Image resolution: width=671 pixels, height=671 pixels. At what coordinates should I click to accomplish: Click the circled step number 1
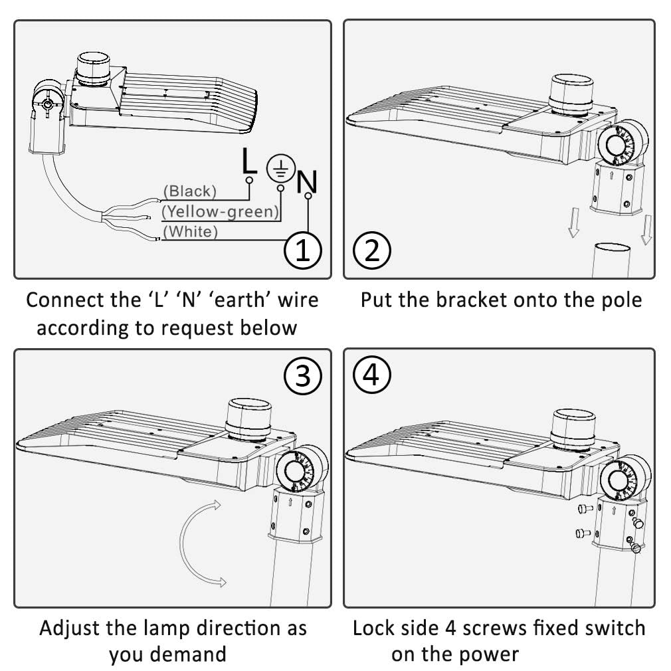(x=302, y=250)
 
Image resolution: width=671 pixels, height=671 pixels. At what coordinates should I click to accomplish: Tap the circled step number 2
(x=372, y=250)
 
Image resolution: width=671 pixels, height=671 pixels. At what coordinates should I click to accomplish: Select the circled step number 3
(x=302, y=376)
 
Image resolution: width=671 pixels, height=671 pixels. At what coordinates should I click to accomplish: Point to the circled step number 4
(x=372, y=376)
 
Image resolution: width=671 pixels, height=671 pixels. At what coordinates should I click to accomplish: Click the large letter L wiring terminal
(x=248, y=161)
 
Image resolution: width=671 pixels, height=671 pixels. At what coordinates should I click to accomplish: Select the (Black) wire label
(x=190, y=191)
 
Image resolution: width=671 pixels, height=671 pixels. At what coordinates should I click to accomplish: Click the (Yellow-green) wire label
(x=220, y=211)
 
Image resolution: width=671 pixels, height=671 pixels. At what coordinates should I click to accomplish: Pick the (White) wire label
(x=190, y=231)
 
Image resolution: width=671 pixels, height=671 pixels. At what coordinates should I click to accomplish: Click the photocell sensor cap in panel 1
(x=94, y=68)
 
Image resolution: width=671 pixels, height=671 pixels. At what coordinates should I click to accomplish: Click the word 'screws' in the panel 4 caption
(x=511, y=627)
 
